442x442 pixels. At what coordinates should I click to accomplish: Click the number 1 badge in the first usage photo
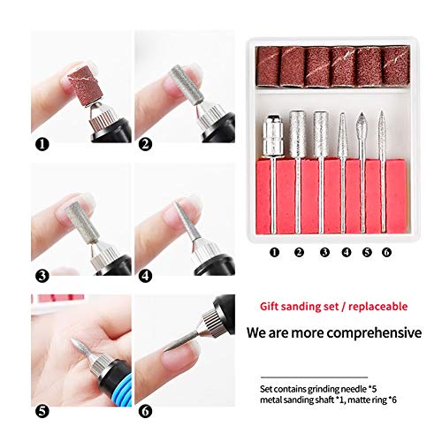pyautogui.click(x=42, y=144)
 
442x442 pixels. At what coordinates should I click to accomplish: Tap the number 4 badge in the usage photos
pyautogui.click(x=145, y=276)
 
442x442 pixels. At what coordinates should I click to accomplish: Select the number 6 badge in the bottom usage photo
pyautogui.click(x=145, y=411)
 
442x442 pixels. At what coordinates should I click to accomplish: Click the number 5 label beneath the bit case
pyautogui.click(x=367, y=252)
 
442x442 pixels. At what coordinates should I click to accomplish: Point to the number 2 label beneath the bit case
pyautogui.click(x=299, y=252)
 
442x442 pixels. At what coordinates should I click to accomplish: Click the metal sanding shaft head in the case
pyautogui.click(x=273, y=135)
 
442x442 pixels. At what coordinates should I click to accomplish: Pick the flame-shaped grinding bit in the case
pyautogui.click(x=362, y=126)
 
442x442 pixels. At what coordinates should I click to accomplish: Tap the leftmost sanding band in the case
pyautogui.click(x=268, y=67)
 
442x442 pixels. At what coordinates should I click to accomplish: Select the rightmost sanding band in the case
pyautogui.click(x=395, y=66)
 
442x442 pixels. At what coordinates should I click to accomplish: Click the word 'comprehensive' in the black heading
pyautogui.click(x=374, y=333)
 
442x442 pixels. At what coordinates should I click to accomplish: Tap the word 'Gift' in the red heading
pyautogui.click(x=269, y=307)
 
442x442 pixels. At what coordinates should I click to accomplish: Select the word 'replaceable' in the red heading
pyautogui.click(x=378, y=307)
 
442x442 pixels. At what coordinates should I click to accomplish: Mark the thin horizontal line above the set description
pyautogui.click(x=314, y=377)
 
